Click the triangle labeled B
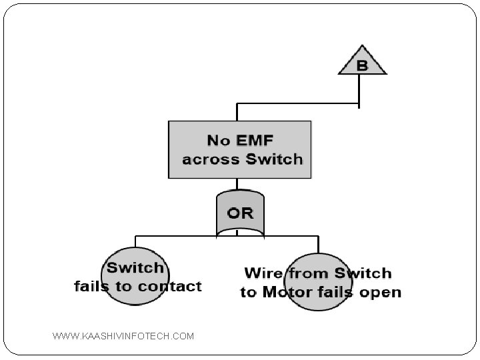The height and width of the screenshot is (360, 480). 361,61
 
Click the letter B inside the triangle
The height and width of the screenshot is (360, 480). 362,65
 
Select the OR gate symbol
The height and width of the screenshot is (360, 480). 240,213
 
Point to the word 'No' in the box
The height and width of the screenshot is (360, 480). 219,140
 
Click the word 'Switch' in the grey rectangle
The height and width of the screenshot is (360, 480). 274,159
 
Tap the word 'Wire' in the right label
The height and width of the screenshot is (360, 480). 263,273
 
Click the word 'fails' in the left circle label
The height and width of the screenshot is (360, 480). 93,286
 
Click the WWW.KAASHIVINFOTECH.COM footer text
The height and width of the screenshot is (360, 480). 123,336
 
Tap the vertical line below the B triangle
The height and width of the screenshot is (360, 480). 359,90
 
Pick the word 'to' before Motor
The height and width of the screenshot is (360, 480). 249,292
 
